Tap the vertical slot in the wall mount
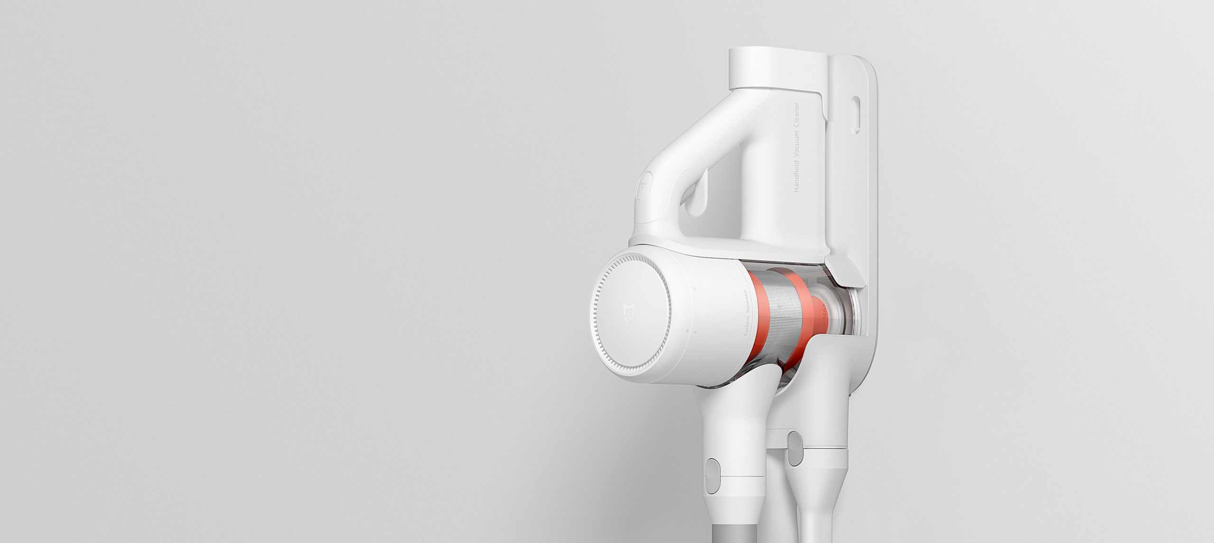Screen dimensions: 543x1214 click(x=855, y=113)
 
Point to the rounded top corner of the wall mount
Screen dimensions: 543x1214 click(x=868, y=66)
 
